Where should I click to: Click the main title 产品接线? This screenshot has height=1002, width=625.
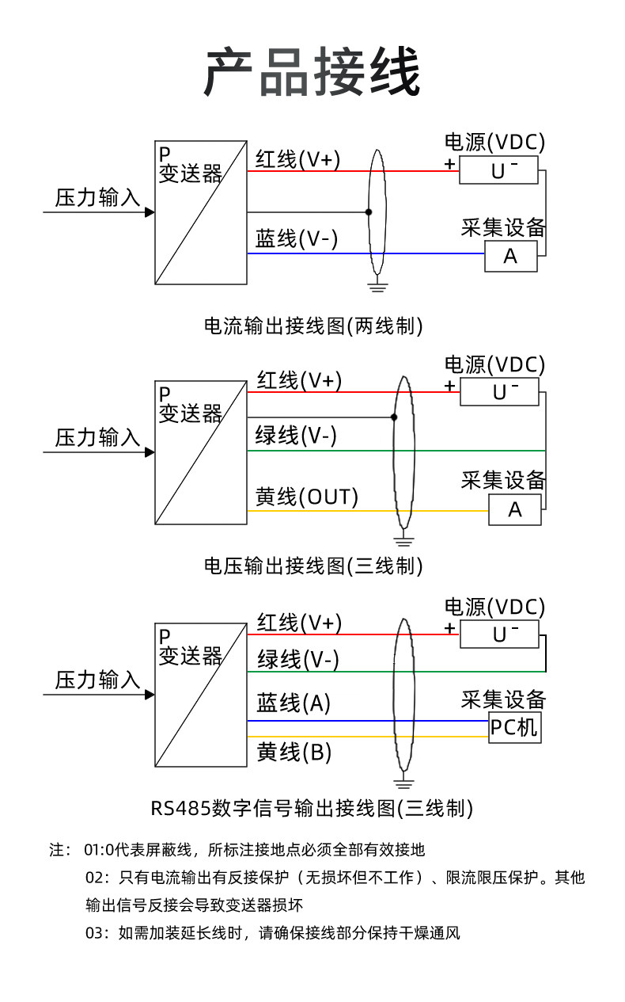click(312, 71)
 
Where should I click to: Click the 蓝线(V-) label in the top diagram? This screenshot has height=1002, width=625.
click(296, 238)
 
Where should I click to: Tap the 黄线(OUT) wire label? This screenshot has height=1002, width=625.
click(306, 497)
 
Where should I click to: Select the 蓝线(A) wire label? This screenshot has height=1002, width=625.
click(293, 703)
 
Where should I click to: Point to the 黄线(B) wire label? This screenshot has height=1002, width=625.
click(294, 752)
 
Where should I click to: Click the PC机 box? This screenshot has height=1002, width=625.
click(515, 727)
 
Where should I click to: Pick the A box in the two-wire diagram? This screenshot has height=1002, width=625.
click(510, 257)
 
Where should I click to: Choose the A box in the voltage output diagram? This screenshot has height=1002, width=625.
click(515, 509)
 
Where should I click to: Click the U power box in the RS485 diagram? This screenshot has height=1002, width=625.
click(499, 634)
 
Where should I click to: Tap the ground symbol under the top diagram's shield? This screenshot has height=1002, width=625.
click(377, 286)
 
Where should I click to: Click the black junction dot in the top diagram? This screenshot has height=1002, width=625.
click(369, 212)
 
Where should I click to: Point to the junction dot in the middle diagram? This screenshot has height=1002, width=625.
click(394, 417)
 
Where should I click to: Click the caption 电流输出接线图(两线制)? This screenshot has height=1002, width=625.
click(313, 326)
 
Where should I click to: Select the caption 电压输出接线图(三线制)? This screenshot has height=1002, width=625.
click(313, 566)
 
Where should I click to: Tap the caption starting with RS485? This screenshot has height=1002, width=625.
click(312, 808)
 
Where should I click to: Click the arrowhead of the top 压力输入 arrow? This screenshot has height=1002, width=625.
click(150, 212)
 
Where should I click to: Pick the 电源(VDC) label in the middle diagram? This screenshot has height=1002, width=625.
click(494, 365)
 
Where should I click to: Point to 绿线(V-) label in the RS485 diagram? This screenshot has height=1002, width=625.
click(297, 659)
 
